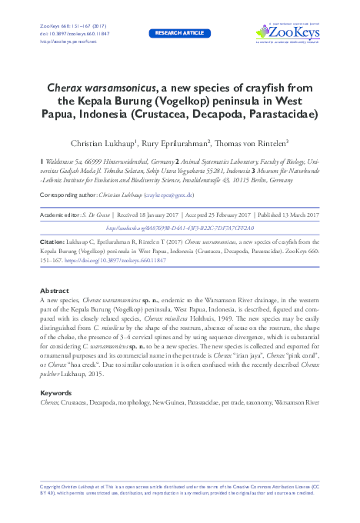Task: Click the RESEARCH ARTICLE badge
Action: coord(179,33)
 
